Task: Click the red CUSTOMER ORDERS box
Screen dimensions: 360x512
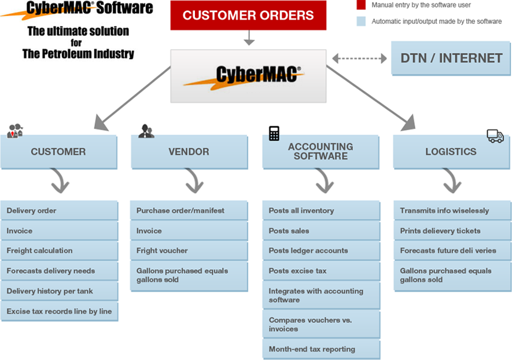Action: pos(248,16)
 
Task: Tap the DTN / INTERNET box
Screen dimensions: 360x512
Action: pos(451,58)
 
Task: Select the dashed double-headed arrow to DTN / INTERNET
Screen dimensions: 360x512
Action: pos(359,58)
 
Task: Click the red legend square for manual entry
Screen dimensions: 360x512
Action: pos(360,5)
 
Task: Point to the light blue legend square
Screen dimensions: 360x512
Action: pos(360,21)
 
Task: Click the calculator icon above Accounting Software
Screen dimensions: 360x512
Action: pos(274,134)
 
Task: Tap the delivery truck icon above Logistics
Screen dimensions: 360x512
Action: pos(495,136)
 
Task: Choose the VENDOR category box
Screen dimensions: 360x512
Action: pos(189,152)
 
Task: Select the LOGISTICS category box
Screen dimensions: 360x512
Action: pos(451,152)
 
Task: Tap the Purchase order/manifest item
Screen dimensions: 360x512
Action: pos(189,211)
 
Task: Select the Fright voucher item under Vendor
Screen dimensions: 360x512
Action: pos(189,251)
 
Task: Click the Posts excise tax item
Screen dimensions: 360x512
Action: pos(321,271)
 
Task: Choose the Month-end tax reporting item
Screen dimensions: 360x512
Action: pos(321,349)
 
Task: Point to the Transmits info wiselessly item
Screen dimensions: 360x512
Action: pos(452,211)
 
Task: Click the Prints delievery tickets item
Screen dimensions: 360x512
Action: pos(452,231)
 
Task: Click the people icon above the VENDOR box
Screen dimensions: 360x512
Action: pos(146,131)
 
